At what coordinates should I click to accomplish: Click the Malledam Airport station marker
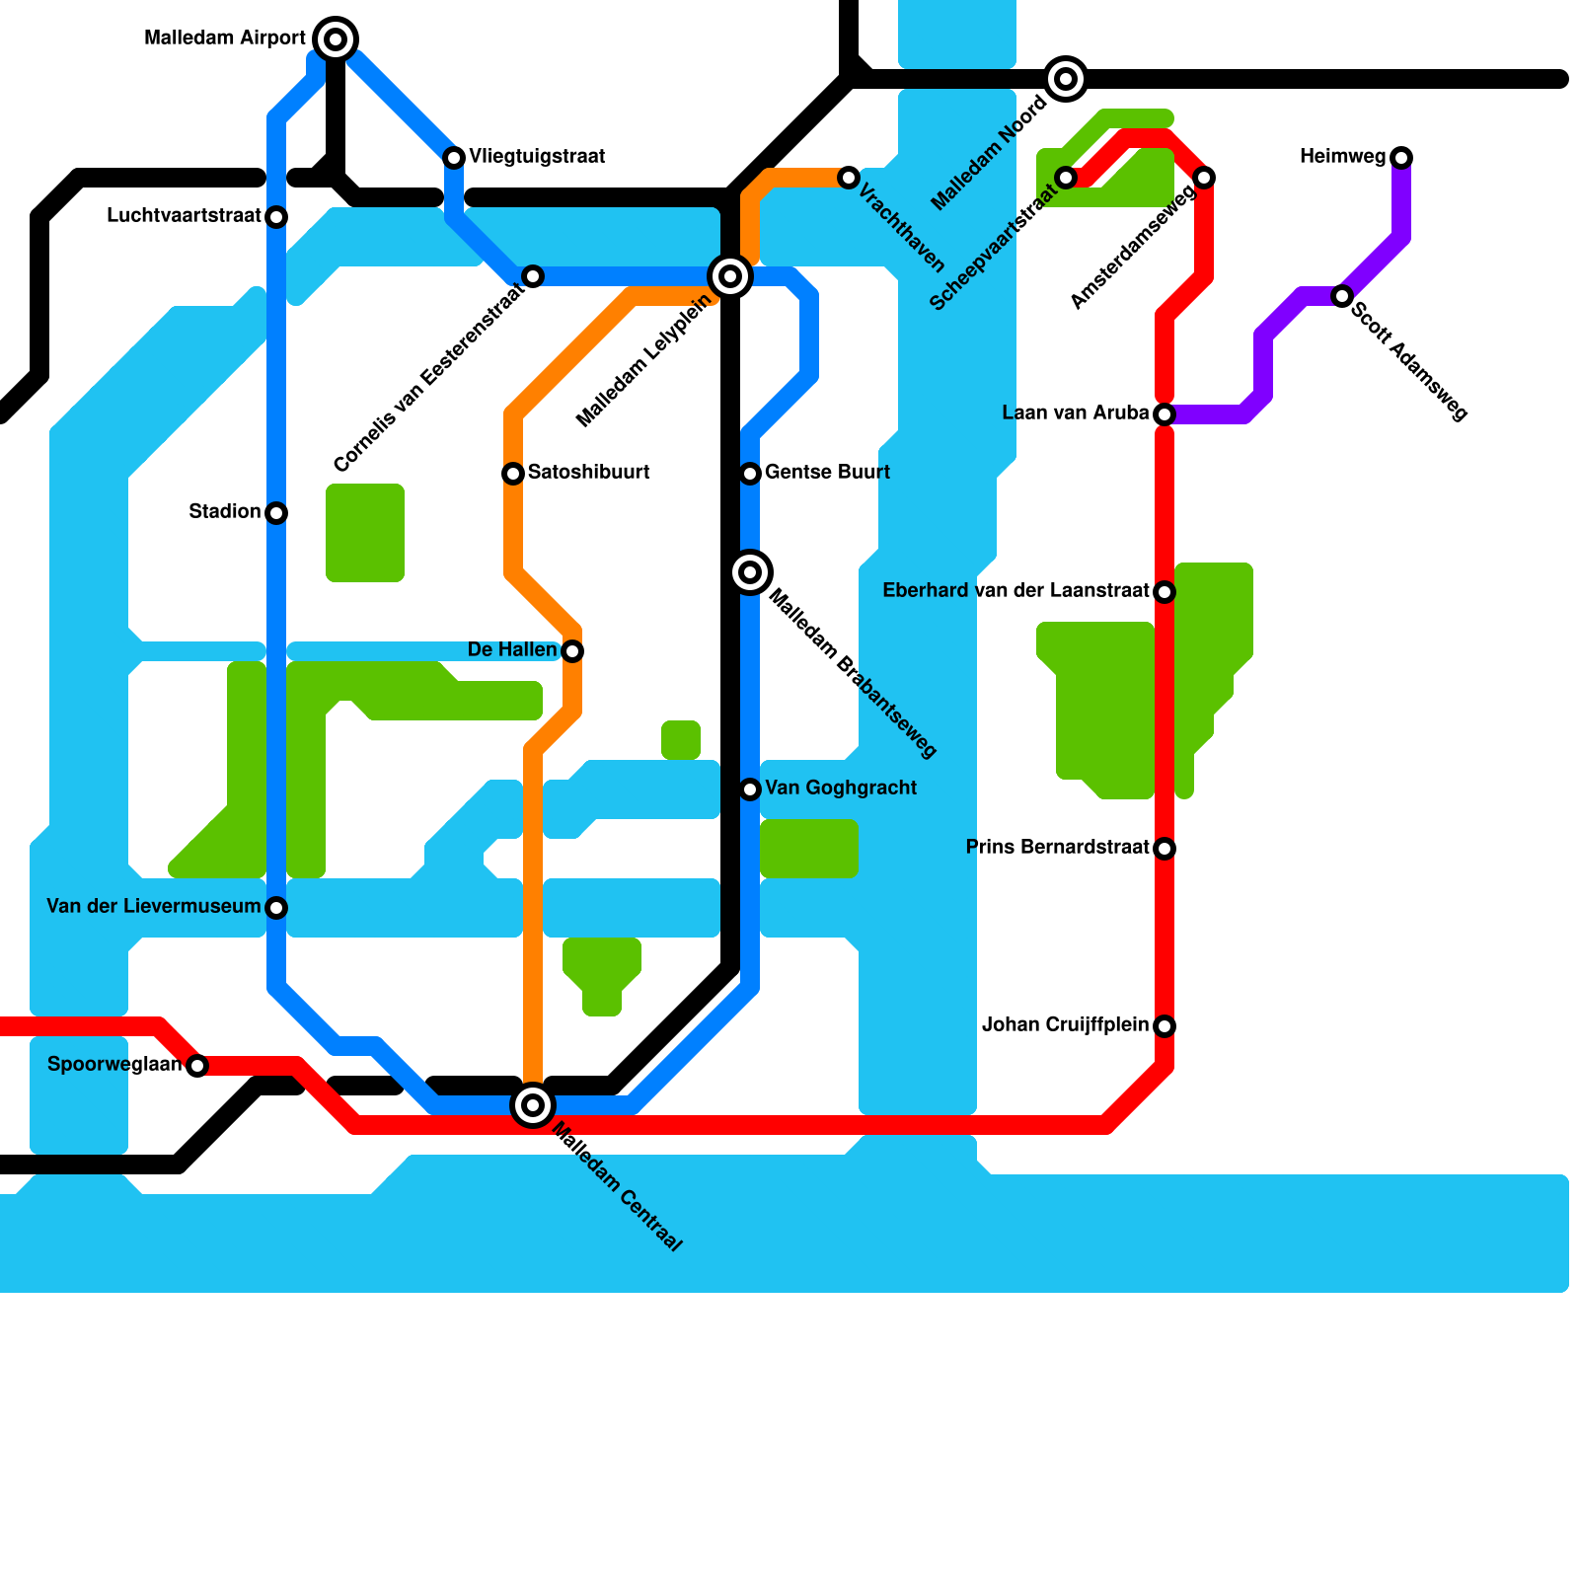pyautogui.click(x=336, y=39)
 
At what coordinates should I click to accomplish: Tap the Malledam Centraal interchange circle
pyautogui.click(x=533, y=1104)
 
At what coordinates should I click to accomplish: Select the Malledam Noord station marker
pyautogui.click(x=1066, y=79)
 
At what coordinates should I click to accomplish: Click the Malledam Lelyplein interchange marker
pyautogui.click(x=730, y=276)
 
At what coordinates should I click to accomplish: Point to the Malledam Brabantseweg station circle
pyautogui.click(x=750, y=572)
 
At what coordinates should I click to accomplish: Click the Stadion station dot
pyautogui.click(x=276, y=513)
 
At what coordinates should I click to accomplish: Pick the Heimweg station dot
pyautogui.click(x=1401, y=158)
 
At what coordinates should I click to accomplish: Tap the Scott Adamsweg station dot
pyautogui.click(x=1342, y=296)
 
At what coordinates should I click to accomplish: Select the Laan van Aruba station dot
pyautogui.click(x=1165, y=414)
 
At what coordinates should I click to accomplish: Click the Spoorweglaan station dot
pyautogui.click(x=197, y=1066)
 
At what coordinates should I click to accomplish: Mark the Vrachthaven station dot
pyautogui.click(x=849, y=178)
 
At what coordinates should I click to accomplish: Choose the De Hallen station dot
pyautogui.click(x=572, y=651)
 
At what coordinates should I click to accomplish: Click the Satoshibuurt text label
pyautogui.click(x=588, y=473)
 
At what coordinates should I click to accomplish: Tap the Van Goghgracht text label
pyautogui.click(x=841, y=789)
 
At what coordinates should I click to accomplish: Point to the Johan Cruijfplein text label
pyautogui.click(x=1065, y=1025)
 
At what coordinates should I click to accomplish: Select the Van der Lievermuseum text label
pyautogui.click(x=153, y=907)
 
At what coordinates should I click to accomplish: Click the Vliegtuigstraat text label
pyautogui.click(x=537, y=157)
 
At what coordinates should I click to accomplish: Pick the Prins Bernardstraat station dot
pyautogui.click(x=1165, y=849)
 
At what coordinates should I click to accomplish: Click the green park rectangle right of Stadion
pyautogui.click(x=365, y=533)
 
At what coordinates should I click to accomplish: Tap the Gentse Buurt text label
pyautogui.click(x=827, y=473)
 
